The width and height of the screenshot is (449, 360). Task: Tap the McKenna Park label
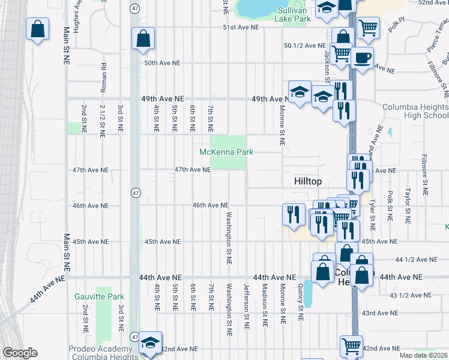tap(226, 152)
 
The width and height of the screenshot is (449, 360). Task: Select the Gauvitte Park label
tap(99, 296)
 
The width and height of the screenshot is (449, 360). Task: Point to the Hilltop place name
tap(308, 181)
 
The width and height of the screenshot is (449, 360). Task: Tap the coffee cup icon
tap(362, 58)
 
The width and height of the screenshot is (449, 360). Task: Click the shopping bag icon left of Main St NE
tap(37, 29)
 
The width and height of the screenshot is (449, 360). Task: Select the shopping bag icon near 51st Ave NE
tap(144, 40)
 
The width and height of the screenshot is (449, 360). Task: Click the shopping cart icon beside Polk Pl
tap(367, 27)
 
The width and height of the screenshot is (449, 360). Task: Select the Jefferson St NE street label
tap(246, 306)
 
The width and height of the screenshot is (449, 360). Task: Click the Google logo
tap(20, 353)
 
